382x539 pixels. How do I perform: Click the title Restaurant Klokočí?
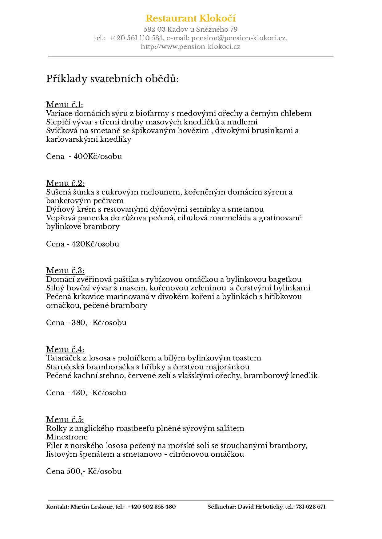click(x=191, y=18)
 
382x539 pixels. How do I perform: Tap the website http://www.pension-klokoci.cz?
click(x=191, y=47)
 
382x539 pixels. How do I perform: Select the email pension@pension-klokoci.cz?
click(x=239, y=38)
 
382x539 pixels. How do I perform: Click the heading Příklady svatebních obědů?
click(x=112, y=79)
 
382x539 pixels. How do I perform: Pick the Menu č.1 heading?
click(x=65, y=104)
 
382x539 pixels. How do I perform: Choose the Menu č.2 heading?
click(x=65, y=183)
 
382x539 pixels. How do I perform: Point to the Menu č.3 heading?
click(x=65, y=270)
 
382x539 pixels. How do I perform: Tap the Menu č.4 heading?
click(x=65, y=349)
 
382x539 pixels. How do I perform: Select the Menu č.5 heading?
click(x=65, y=419)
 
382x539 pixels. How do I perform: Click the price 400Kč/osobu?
click(x=98, y=156)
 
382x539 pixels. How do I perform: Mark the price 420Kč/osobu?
click(x=95, y=244)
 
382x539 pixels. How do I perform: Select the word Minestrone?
click(x=67, y=437)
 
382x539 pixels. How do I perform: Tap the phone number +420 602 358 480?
click(x=152, y=507)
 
